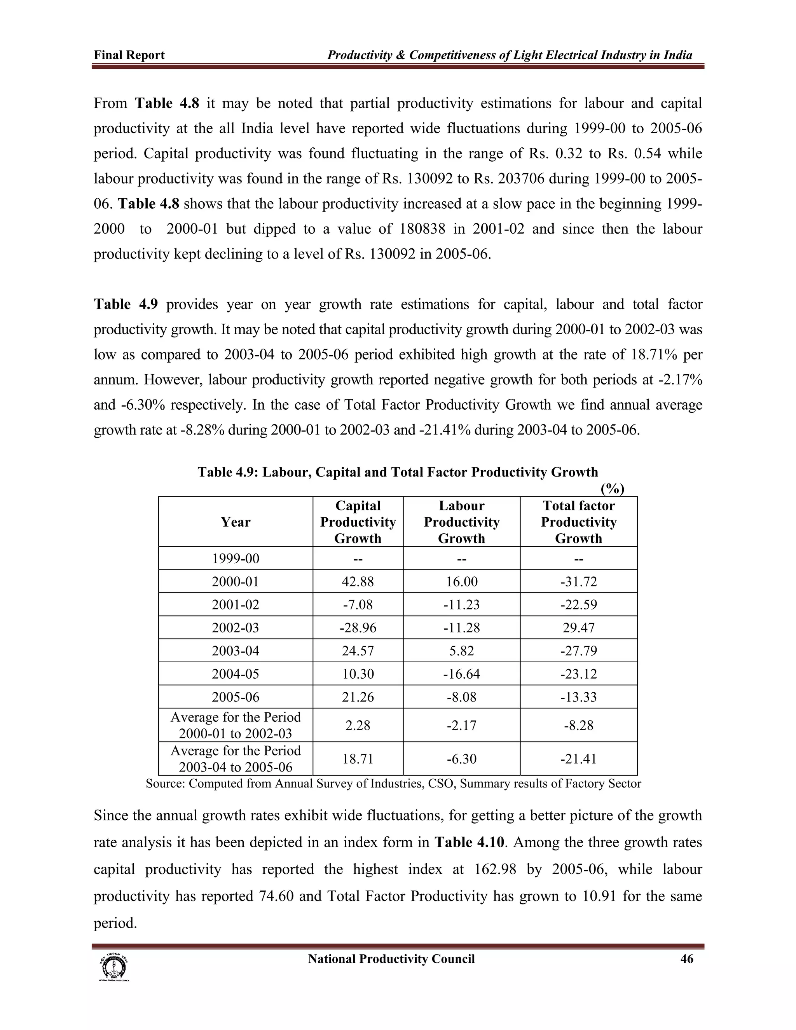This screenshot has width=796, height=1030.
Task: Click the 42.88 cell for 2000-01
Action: click(x=358, y=581)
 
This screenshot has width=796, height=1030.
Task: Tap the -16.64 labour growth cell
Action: click(x=461, y=674)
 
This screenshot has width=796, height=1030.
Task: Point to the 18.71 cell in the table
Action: click(x=358, y=759)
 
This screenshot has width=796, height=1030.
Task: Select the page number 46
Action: click(x=687, y=959)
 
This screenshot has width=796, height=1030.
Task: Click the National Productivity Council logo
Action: click(x=113, y=967)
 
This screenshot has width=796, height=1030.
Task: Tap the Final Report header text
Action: click(x=129, y=55)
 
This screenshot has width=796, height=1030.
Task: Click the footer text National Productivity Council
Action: click(x=391, y=959)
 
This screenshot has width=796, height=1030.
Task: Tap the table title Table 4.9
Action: click(x=398, y=472)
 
